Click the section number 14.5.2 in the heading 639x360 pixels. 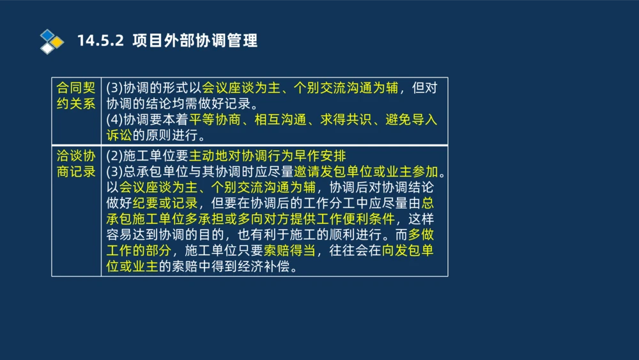pos(102,41)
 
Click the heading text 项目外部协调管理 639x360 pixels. pos(195,41)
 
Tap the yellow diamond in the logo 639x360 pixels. pos(57,42)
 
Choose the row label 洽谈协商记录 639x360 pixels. pos(76,164)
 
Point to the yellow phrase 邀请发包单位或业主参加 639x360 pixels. pos(367,172)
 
